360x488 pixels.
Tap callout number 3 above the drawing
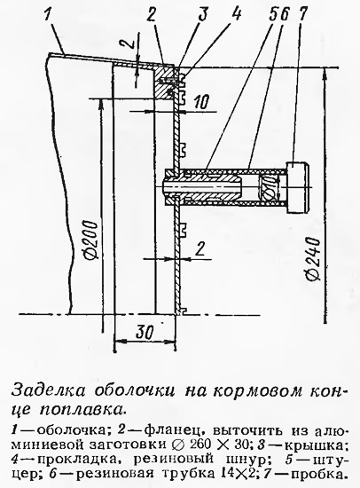[203, 14]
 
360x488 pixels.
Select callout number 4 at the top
[236, 13]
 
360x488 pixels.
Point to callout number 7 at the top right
[301, 13]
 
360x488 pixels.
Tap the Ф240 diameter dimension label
[312, 259]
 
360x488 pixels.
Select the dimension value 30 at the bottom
[145, 332]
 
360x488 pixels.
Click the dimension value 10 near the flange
[202, 101]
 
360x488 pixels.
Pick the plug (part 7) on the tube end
[297, 186]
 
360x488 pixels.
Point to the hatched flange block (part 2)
[164, 83]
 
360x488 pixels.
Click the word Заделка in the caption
[48, 390]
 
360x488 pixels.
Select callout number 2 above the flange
[152, 14]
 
